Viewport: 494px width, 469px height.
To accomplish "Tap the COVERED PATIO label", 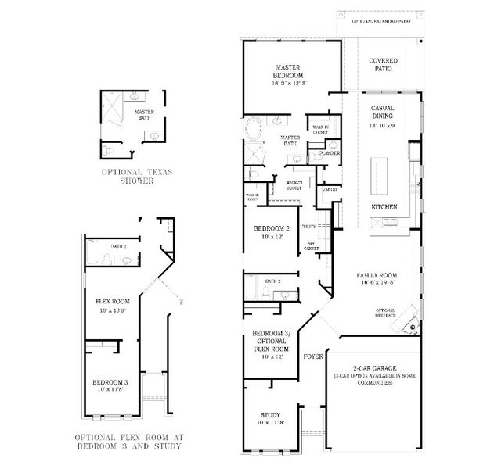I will pos(383,64).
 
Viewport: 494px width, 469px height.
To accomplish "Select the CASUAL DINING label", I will pos(383,112).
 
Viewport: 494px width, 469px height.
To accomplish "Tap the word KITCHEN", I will pos(384,206).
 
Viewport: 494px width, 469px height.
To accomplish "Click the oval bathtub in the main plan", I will pos(254,129).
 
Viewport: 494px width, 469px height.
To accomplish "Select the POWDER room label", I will pos(329,154).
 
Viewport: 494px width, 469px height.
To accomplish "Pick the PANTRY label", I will pos(330,189).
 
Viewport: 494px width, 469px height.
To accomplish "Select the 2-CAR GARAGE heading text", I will pos(372,367).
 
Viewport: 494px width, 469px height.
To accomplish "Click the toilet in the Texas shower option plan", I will pos(109,149).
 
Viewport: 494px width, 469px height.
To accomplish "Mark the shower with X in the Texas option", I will pos(114,107).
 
